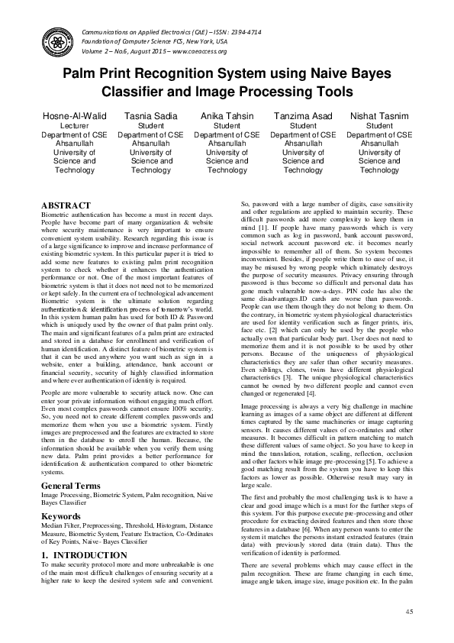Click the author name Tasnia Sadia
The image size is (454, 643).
(151, 116)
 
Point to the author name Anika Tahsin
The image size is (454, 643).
(227, 116)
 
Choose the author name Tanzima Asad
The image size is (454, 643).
(303, 116)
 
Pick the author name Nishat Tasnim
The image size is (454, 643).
(379, 116)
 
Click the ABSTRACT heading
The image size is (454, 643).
(66, 206)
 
